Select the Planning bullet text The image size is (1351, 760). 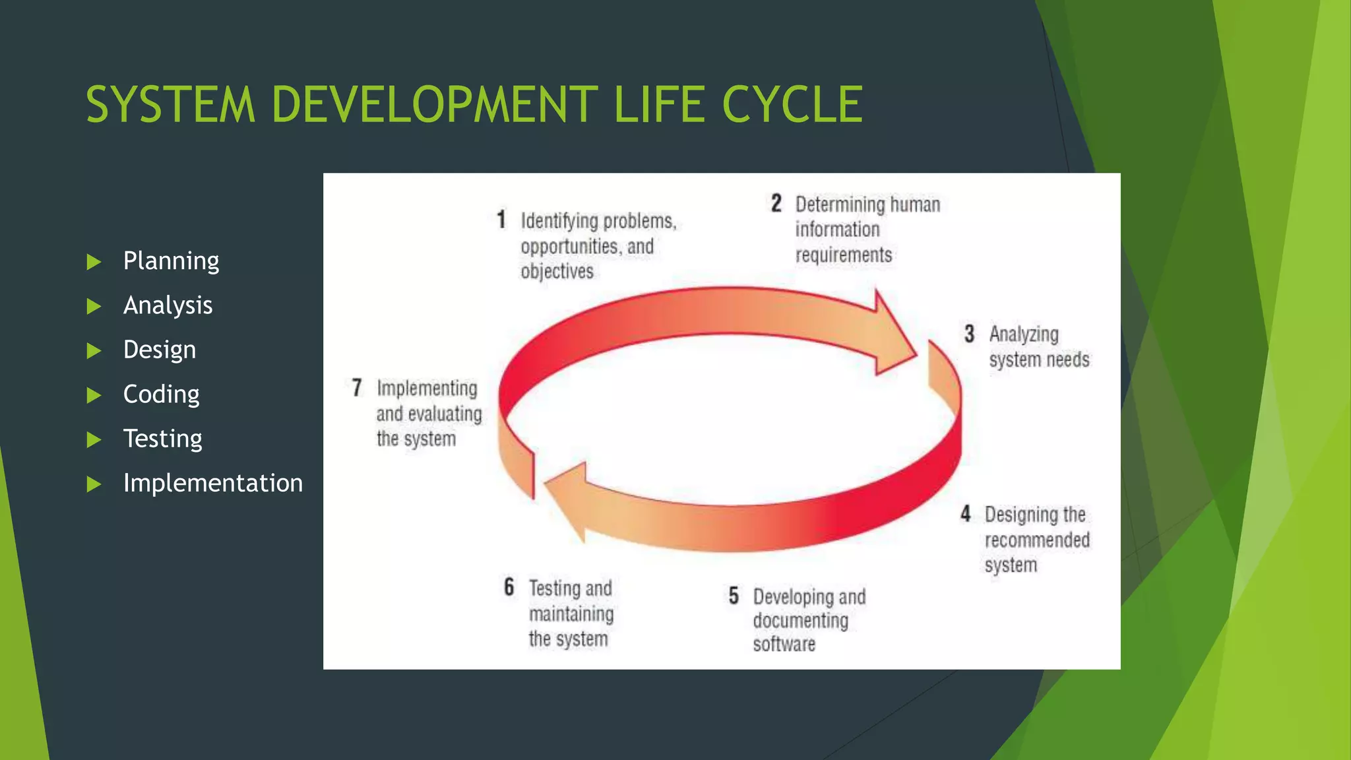click(x=171, y=261)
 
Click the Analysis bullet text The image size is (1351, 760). click(x=168, y=305)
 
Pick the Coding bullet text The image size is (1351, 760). click(x=161, y=395)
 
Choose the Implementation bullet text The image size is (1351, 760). click(x=212, y=483)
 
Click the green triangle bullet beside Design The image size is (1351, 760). click(x=94, y=350)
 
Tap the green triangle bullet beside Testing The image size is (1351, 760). click(x=94, y=439)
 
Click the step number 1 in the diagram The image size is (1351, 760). click(x=501, y=220)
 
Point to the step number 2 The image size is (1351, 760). click(x=776, y=203)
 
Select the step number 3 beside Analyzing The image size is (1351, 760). click(x=969, y=334)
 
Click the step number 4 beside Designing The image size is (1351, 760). click(x=966, y=514)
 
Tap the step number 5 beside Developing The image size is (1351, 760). click(x=734, y=596)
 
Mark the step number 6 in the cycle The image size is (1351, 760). click(x=509, y=586)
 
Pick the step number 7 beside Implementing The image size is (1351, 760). click(x=357, y=387)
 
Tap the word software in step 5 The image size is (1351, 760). click(x=784, y=644)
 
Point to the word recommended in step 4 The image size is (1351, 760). click(x=1037, y=540)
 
